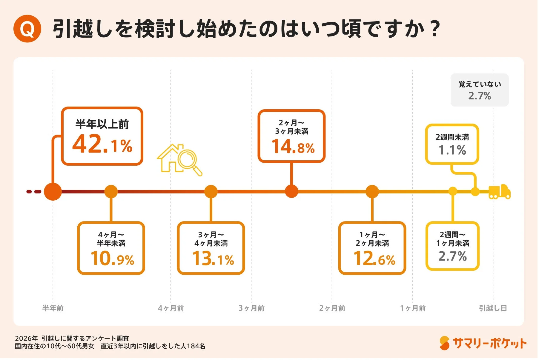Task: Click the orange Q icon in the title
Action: [x=27, y=29]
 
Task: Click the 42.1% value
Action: [x=102, y=144]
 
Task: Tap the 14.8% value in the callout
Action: [x=293, y=147]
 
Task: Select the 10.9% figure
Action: [x=112, y=259]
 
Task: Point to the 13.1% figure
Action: [x=213, y=259]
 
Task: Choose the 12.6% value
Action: [x=374, y=259]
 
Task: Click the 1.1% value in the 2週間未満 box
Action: [x=452, y=150]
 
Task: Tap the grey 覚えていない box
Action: [x=480, y=90]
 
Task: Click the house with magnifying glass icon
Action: [x=179, y=159]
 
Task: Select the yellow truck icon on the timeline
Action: [x=499, y=192]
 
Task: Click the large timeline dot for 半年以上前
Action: [x=53, y=192]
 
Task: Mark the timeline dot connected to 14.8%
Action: [x=291, y=191]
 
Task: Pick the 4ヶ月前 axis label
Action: [x=171, y=308]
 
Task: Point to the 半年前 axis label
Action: [x=53, y=308]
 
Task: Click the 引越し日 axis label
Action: [x=493, y=308]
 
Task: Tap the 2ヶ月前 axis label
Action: [x=332, y=308]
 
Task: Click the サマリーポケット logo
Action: [x=483, y=343]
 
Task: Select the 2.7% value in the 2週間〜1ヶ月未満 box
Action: [x=452, y=256]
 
